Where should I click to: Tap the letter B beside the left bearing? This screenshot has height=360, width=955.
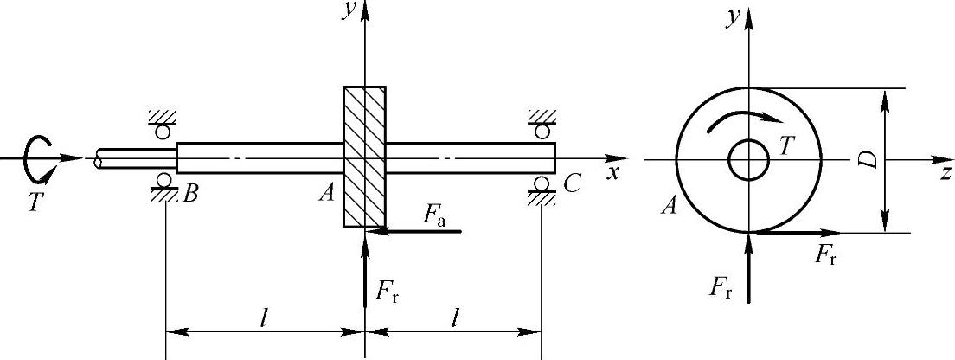(x=191, y=195)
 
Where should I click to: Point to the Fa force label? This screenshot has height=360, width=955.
(x=434, y=217)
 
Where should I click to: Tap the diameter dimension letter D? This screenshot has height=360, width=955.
(x=872, y=159)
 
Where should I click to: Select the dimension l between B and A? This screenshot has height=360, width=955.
(x=264, y=318)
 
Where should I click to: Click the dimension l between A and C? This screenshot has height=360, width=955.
(x=454, y=318)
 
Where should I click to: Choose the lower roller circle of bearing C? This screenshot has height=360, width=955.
(x=542, y=183)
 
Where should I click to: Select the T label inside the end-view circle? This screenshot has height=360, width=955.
(x=786, y=146)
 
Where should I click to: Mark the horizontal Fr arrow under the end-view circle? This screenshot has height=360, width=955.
(x=796, y=233)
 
